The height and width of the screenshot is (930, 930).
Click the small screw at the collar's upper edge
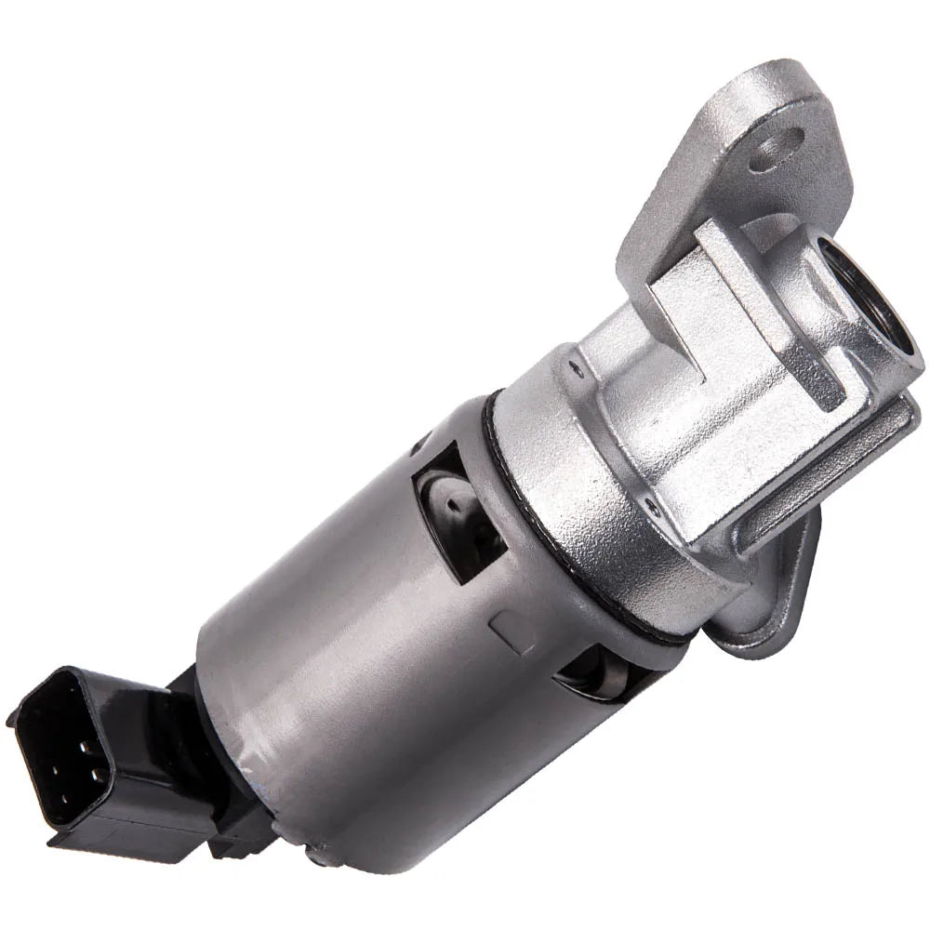(577, 367)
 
